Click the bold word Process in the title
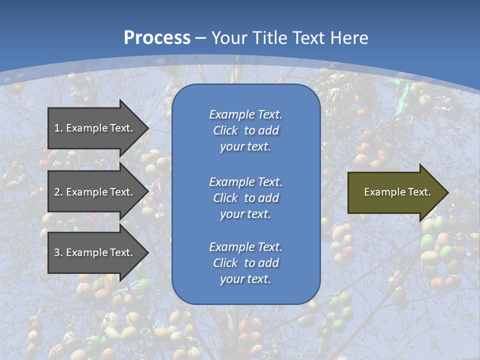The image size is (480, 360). [157, 38]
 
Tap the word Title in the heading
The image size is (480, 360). [268, 38]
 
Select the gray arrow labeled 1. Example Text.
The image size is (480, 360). [95, 128]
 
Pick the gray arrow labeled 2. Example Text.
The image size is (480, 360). [95, 192]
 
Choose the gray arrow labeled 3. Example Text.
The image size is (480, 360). [95, 252]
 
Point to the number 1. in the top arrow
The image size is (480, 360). [58, 128]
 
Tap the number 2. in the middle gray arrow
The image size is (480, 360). [58, 192]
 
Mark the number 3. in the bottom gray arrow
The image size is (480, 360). [58, 252]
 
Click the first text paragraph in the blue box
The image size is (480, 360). [245, 130]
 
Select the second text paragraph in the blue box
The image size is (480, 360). [245, 197]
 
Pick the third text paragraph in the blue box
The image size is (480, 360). [245, 263]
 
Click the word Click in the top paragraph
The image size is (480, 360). [225, 130]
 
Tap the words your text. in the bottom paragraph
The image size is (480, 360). [245, 279]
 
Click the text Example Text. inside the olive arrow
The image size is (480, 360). [397, 192]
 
